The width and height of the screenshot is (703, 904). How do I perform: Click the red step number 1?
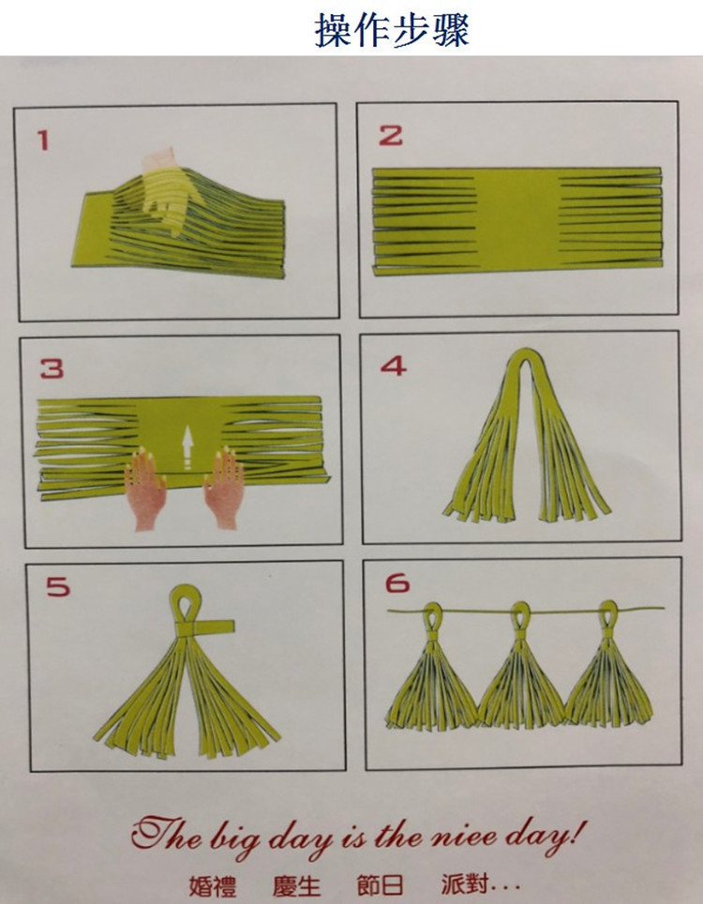pyautogui.click(x=42, y=141)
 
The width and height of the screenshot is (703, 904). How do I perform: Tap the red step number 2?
pyautogui.click(x=390, y=135)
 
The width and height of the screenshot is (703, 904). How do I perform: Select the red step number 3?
pyautogui.click(x=52, y=369)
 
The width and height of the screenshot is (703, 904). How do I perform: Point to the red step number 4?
pyautogui.click(x=393, y=365)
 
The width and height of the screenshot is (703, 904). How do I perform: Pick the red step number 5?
pyautogui.click(x=57, y=588)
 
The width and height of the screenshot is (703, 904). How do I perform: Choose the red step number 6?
pyautogui.click(x=397, y=584)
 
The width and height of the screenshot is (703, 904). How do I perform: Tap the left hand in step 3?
pyautogui.click(x=147, y=488)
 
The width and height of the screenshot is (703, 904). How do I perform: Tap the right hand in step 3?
pyautogui.click(x=226, y=488)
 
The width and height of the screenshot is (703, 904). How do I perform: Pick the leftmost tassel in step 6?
pyautogui.click(x=431, y=680)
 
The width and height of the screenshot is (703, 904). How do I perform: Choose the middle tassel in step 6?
pyautogui.click(x=520, y=680)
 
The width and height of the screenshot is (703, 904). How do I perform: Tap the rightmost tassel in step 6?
pyautogui.click(x=609, y=680)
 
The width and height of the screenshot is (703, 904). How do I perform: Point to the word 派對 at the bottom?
pyautogui.click(x=464, y=884)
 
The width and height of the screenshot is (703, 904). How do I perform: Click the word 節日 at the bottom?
pyautogui.click(x=380, y=884)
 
